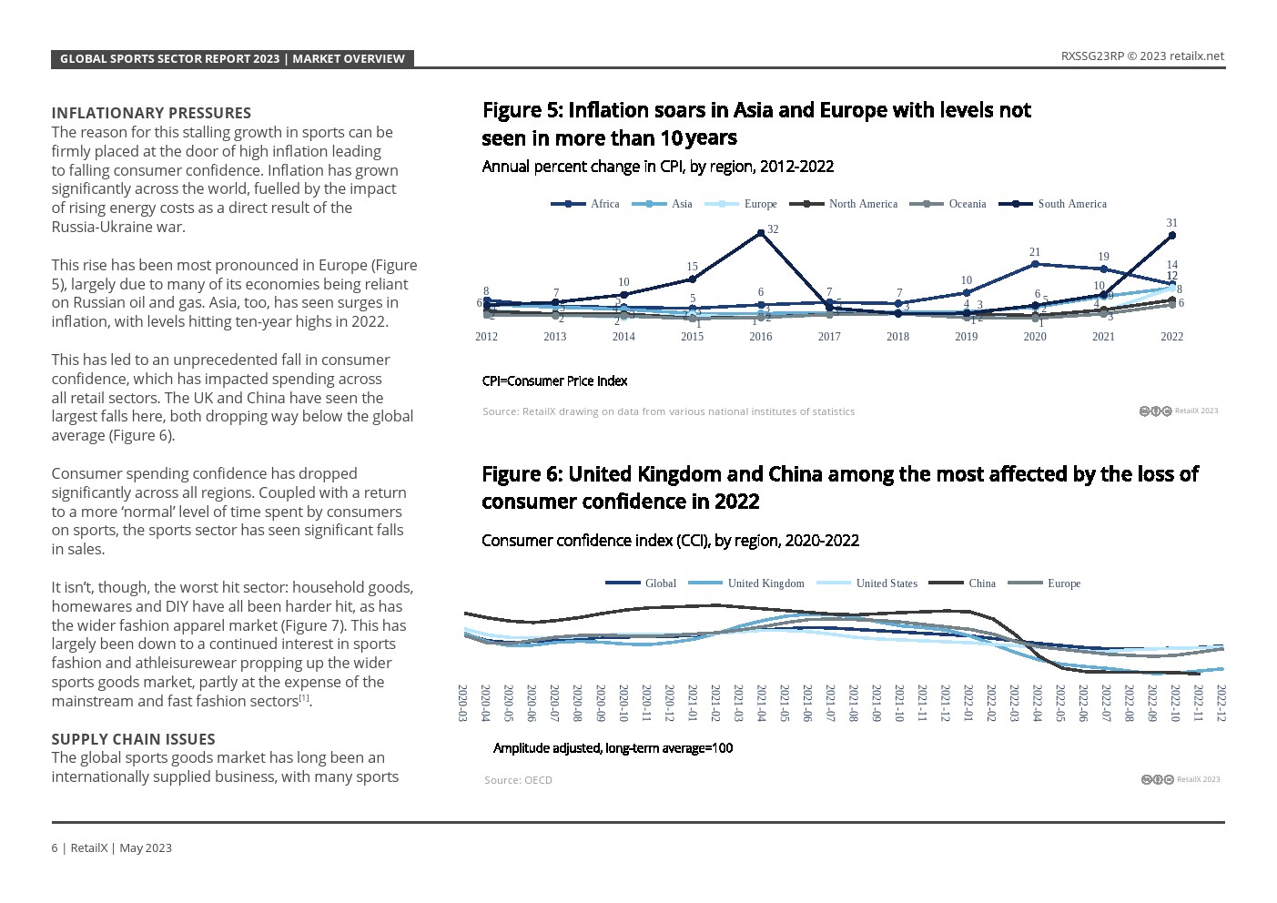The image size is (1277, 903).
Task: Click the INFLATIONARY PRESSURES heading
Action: (x=151, y=113)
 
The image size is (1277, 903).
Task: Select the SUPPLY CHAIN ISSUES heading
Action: (x=133, y=739)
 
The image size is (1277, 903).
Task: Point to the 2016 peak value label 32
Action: (x=772, y=229)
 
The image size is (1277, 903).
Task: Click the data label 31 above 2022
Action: (x=1171, y=223)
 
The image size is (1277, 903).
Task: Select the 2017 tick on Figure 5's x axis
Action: (x=829, y=337)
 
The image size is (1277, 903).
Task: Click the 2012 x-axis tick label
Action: (x=486, y=337)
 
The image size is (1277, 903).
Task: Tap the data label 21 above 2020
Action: (x=1034, y=252)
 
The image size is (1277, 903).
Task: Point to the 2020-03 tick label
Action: (x=462, y=703)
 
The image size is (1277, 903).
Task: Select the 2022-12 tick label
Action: (x=1221, y=703)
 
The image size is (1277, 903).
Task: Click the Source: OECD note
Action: (x=518, y=780)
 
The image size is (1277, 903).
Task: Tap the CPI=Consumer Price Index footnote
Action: (x=554, y=380)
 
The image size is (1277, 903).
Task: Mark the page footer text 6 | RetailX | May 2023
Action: (x=111, y=847)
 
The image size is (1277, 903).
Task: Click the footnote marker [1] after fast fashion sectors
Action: (x=305, y=698)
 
